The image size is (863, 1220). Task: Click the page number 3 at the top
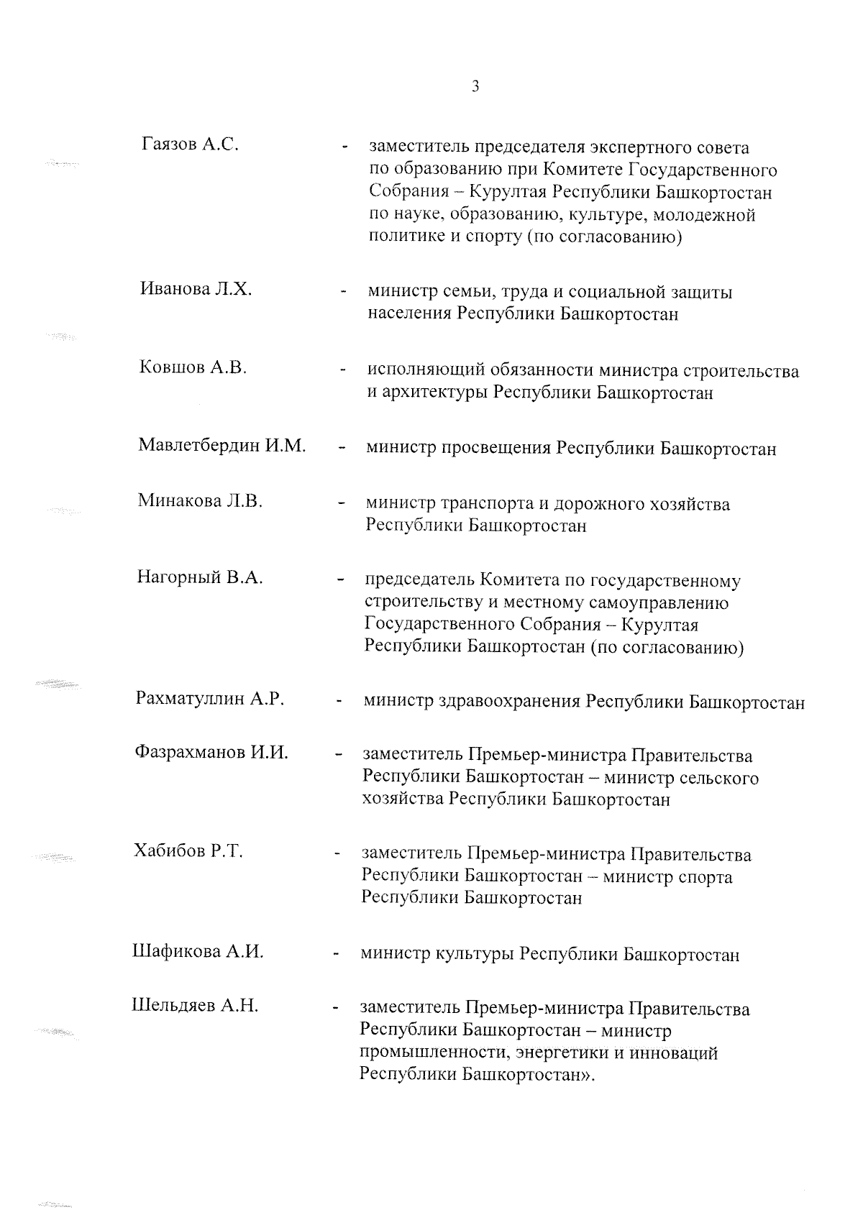(x=475, y=87)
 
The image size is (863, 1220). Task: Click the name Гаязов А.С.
(x=191, y=145)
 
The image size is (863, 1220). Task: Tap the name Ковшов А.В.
(x=193, y=367)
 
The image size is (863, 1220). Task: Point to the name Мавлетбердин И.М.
(x=222, y=446)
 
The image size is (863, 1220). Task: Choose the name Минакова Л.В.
(x=200, y=500)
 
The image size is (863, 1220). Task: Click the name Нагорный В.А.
(x=199, y=577)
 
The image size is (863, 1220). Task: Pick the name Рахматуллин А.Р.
(x=210, y=698)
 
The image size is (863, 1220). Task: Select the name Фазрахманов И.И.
(x=211, y=753)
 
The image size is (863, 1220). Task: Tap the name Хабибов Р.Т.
(x=188, y=851)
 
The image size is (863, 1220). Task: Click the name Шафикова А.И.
(x=198, y=952)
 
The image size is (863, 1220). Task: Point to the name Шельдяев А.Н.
(x=195, y=1006)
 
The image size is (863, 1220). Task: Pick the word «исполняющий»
(x=426, y=372)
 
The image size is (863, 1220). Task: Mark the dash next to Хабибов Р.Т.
(x=337, y=854)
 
